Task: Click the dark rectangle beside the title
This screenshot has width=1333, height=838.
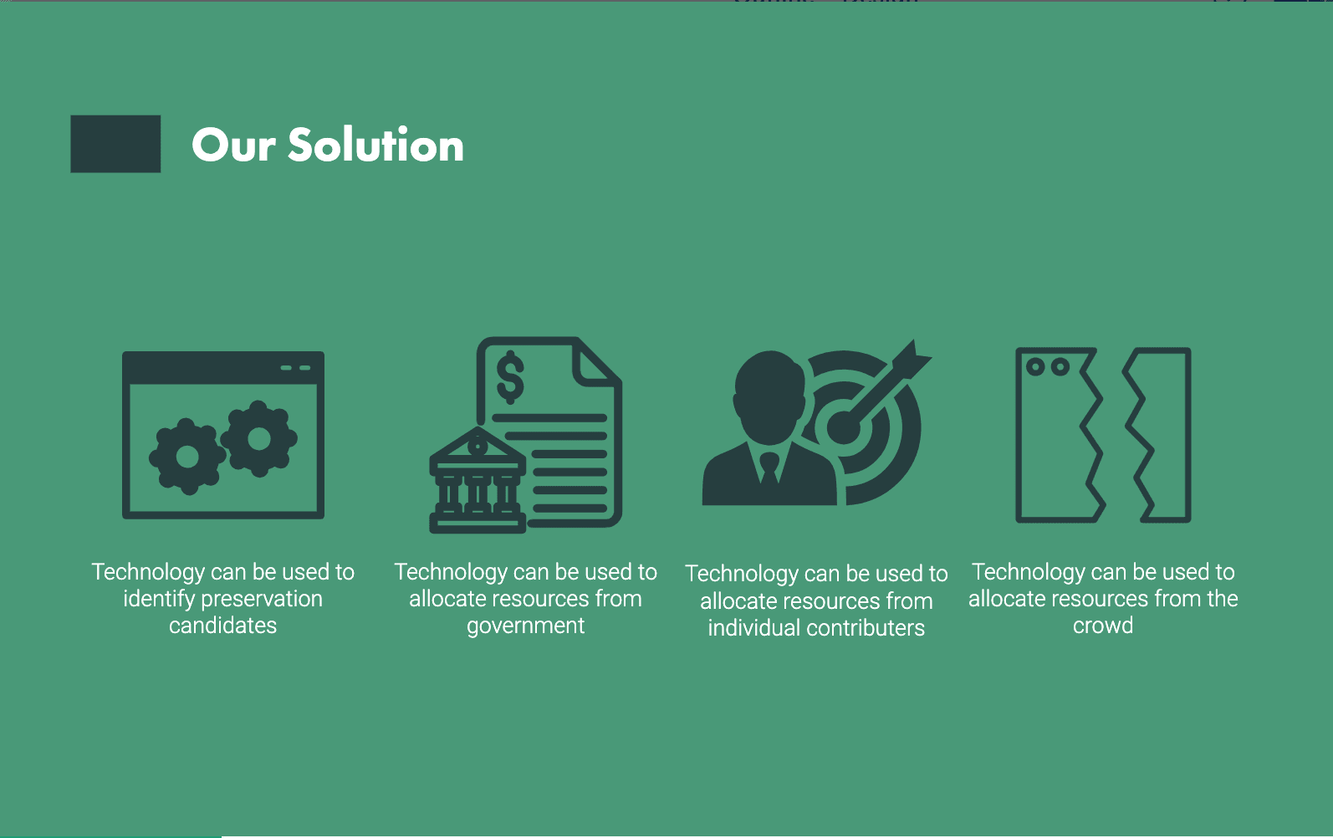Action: (x=115, y=144)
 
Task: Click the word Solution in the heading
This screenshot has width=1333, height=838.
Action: (x=375, y=145)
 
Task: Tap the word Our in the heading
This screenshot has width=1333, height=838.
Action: (x=233, y=146)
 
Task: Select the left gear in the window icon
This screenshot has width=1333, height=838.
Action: (x=187, y=457)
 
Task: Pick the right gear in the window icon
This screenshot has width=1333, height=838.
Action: (x=259, y=439)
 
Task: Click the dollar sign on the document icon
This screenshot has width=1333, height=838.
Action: (x=511, y=377)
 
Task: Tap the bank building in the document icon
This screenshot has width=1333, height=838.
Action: (x=478, y=480)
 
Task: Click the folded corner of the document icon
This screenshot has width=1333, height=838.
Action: (x=595, y=362)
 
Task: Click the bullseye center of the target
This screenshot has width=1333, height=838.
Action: (x=843, y=427)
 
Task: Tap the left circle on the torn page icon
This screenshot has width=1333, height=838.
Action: (x=1035, y=366)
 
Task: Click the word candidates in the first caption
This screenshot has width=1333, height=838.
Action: (x=222, y=626)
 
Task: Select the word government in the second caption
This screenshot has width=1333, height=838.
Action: (x=525, y=626)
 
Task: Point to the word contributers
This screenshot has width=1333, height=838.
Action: (x=866, y=628)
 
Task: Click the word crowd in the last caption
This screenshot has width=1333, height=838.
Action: (x=1103, y=626)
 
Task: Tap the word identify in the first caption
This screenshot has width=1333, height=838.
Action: (x=158, y=600)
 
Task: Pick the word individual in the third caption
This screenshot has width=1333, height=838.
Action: (x=754, y=628)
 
